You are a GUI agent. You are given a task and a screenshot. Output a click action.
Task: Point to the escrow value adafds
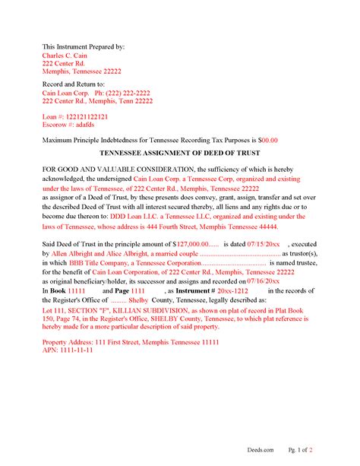tap(83, 126)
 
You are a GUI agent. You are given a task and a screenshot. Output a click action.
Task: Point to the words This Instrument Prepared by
tap(84, 46)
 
